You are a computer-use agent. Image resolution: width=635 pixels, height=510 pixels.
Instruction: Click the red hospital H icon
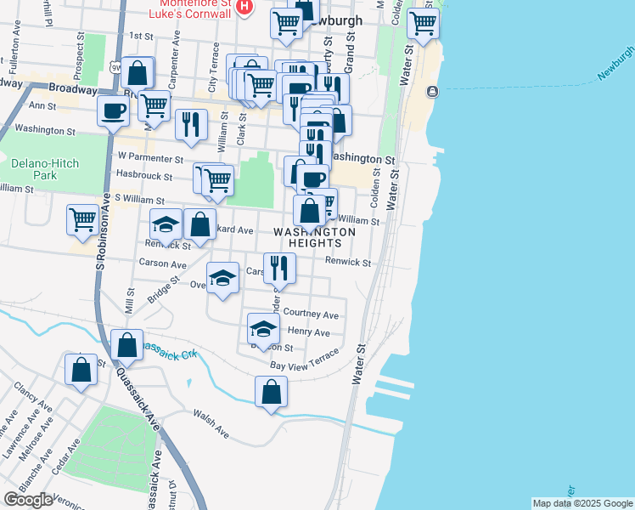click(244, 8)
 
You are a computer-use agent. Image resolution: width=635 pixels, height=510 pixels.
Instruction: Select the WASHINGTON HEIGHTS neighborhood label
click(314, 237)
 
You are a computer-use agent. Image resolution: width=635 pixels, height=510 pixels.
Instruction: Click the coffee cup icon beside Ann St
click(113, 110)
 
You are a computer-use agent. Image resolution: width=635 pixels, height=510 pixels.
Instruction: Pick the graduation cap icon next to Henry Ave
click(263, 328)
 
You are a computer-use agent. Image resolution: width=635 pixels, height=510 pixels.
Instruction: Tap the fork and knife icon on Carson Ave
click(279, 268)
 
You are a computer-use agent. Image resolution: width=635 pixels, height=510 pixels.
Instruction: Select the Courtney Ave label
click(311, 314)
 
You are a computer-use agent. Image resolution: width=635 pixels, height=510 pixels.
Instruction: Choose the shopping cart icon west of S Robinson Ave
click(82, 219)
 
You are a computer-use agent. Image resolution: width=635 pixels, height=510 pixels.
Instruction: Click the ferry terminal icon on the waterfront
click(433, 92)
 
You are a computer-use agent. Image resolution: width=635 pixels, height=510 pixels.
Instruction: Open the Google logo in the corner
click(28, 500)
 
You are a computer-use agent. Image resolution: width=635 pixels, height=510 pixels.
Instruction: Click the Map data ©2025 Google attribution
click(582, 503)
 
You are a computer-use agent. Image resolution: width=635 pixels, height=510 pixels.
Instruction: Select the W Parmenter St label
click(150, 158)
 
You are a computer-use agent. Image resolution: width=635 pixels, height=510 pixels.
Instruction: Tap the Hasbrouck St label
click(145, 178)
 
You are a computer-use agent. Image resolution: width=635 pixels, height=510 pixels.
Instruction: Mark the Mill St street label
click(130, 302)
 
